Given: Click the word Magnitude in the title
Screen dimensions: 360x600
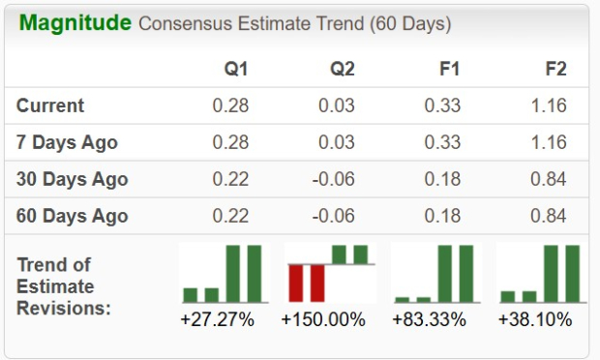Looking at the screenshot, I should pos(75,22).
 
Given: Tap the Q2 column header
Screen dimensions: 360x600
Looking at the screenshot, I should pos(342,69).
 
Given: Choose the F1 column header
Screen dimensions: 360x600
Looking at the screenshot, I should pos(448,69).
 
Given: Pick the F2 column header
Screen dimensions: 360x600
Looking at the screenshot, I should pos(555,69).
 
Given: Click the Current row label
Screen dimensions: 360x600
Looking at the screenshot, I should pos(50,105).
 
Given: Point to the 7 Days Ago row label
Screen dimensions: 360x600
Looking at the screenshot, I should pos(67,142).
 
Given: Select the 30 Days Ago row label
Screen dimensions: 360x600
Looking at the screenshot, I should pos(72,179).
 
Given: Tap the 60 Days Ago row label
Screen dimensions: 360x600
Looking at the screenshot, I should pos(72,216).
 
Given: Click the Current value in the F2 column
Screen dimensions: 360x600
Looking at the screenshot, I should pos(549,105).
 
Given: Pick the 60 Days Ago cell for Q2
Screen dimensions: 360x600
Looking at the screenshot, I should pos(336,216).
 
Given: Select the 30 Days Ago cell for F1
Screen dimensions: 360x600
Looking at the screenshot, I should pos(442,179).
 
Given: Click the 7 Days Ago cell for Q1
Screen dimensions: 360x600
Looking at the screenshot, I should pos(230,142).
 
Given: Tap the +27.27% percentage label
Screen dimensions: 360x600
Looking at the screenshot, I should pos(217,319).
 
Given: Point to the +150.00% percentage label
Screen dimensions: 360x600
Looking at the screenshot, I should pos(323,319).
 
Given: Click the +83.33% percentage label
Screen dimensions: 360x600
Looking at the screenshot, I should pos(430,319).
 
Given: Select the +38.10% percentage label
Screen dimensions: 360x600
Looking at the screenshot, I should pos(535,319).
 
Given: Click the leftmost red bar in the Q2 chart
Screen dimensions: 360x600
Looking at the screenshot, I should pos(296,282).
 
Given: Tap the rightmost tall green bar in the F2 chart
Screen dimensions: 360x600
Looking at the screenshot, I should pos(572,274).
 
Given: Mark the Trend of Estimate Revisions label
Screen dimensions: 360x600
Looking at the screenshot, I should pos(64,285).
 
